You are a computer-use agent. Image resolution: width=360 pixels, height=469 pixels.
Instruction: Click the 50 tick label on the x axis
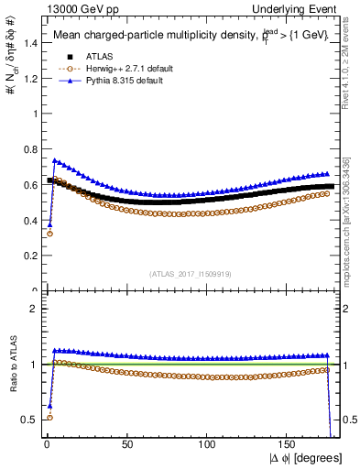(x=127, y=443)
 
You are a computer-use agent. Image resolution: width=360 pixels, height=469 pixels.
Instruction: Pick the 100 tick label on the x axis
(x=209, y=443)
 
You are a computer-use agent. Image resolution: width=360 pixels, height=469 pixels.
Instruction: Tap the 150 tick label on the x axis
(x=289, y=443)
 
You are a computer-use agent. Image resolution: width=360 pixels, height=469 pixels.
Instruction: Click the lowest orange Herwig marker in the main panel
(x=49, y=234)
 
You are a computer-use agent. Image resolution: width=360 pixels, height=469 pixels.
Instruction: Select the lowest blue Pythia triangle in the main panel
(x=49, y=224)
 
